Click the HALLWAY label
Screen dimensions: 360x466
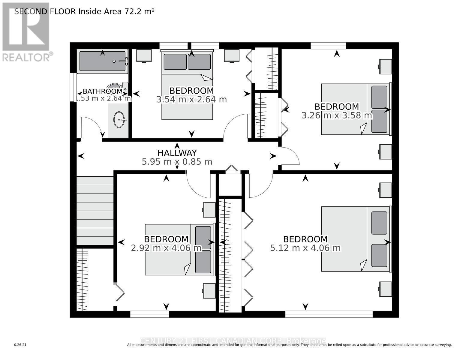[x=177, y=153]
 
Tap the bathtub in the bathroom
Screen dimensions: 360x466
[x=102, y=61]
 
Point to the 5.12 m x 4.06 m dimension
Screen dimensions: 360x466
[x=305, y=248]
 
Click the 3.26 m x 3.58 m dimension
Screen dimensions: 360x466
[x=336, y=115]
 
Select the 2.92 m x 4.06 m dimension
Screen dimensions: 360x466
[x=166, y=248]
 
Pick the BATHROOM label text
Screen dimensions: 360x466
[x=102, y=91]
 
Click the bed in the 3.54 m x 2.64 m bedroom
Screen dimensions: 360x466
[x=187, y=85]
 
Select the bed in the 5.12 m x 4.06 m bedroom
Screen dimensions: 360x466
[x=355, y=239]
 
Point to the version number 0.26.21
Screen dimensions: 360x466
[x=20, y=345]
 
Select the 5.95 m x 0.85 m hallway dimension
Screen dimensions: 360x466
[x=177, y=162]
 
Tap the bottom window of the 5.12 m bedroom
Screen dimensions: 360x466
[x=329, y=314]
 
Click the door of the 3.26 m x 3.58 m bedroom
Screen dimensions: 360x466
[x=290, y=156]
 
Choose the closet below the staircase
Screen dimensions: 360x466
[x=95, y=279]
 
